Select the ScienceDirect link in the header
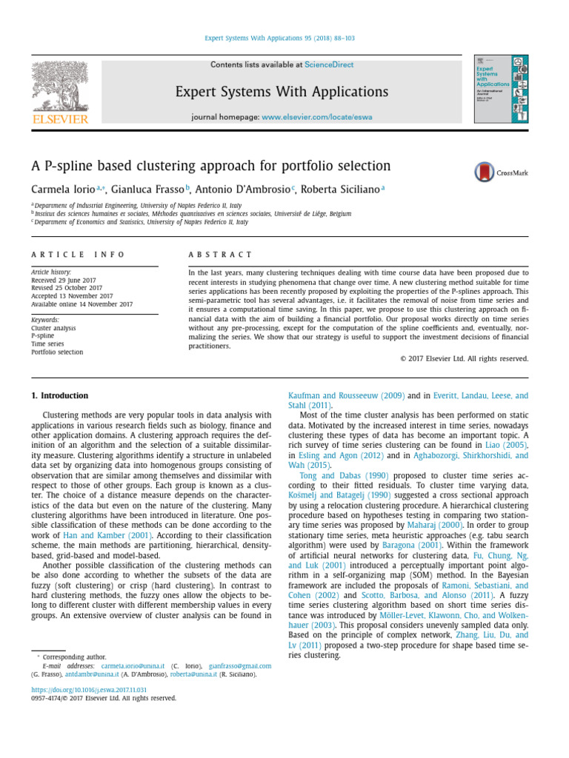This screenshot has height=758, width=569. (329, 65)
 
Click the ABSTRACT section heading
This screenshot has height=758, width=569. (221, 254)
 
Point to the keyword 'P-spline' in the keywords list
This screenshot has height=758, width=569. (43, 335)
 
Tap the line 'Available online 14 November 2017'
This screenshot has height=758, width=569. (81, 304)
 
